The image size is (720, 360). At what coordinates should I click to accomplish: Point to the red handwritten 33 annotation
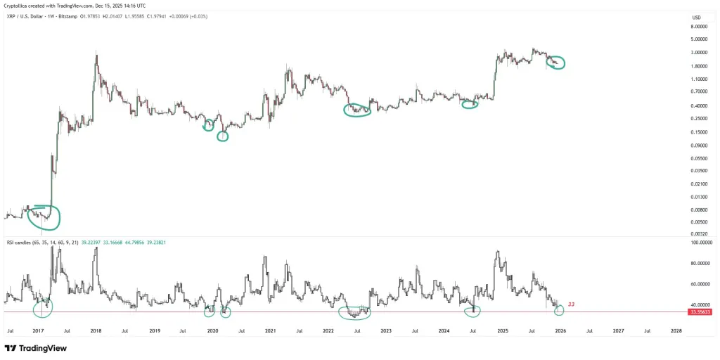coord(572,304)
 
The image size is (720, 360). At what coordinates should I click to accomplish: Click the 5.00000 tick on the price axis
coord(700,39)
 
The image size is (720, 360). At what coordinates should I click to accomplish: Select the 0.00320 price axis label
coord(700,233)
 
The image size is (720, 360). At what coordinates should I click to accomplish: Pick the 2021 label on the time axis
coord(270,330)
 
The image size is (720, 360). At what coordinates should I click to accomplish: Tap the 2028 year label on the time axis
coord(676,330)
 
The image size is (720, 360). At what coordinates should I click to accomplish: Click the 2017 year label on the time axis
coord(39,330)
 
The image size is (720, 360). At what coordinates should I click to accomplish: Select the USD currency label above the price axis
coord(696,18)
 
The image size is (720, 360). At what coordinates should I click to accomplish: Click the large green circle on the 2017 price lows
coord(44,217)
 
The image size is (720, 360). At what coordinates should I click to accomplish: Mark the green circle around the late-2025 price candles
coord(556,63)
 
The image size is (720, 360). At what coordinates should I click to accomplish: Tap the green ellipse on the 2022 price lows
coord(357,110)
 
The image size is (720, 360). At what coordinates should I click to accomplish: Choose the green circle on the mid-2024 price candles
coord(470,104)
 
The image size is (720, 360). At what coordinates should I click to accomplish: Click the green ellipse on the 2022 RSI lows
coord(354,312)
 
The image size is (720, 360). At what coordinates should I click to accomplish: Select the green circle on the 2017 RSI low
coord(42,307)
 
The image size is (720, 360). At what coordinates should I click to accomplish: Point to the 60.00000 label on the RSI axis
coord(700,284)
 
